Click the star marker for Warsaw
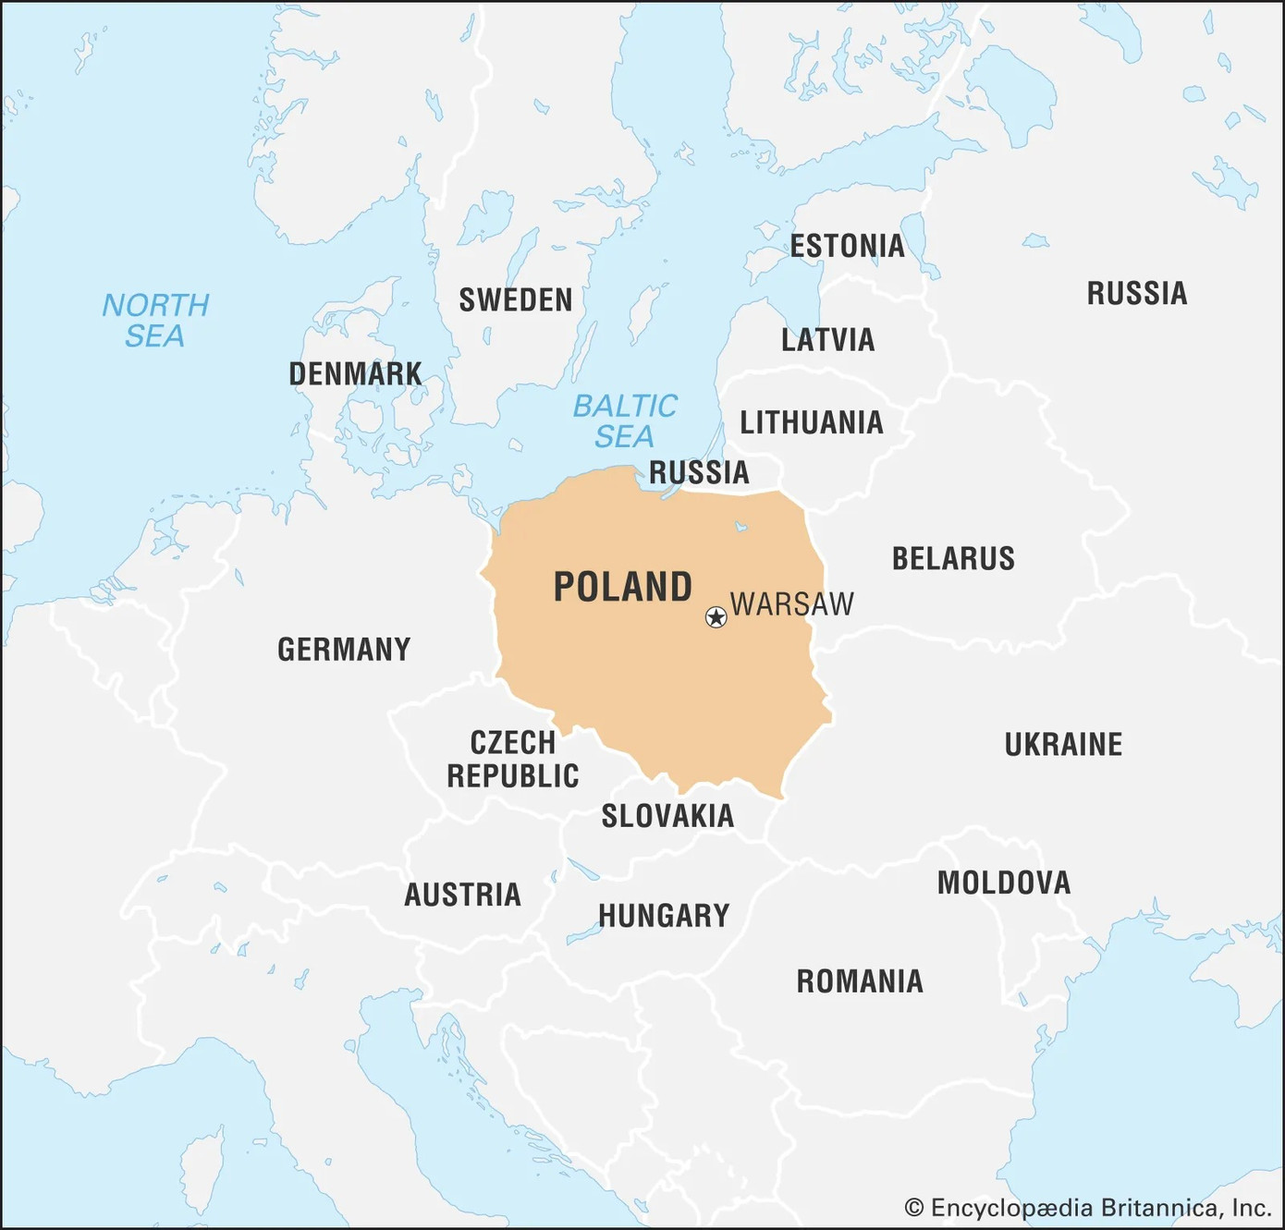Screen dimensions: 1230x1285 [x=716, y=617]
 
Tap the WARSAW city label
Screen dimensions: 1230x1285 [x=792, y=604]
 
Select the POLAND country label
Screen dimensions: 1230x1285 [x=623, y=588]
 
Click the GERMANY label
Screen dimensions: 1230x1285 [x=344, y=650]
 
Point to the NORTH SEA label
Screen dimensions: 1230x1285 [x=155, y=321]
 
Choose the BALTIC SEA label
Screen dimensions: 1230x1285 [x=625, y=420]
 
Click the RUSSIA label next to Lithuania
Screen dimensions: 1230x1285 [x=699, y=472]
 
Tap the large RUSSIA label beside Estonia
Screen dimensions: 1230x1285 [x=1137, y=294]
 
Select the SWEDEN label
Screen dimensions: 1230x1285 [x=516, y=300]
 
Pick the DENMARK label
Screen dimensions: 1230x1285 [x=355, y=374]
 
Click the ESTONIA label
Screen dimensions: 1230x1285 [x=847, y=246]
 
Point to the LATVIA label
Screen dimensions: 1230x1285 [x=827, y=340]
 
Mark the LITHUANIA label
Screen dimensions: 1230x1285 [x=812, y=423]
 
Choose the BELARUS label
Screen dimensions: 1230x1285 [x=953, y=559]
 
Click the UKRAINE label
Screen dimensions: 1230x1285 [x=1063, y=745]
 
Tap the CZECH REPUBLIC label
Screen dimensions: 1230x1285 [x=513, y=760]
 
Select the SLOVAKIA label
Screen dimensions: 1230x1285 [x=667, y=816]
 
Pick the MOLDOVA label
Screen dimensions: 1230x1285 [x=1004, y=883]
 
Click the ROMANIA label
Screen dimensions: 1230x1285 [x=860, y=981]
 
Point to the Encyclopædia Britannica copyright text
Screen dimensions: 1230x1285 [x=1088, y=1208]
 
